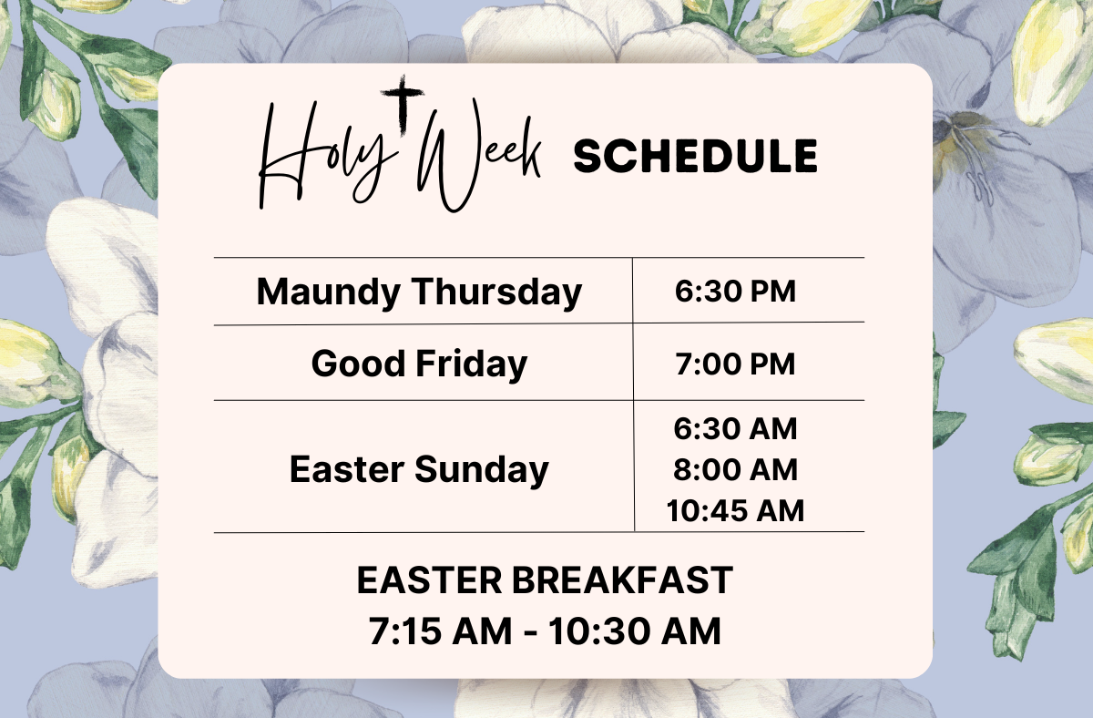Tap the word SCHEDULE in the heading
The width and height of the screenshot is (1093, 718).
[695, 156]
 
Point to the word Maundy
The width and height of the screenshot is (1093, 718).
[329, 292]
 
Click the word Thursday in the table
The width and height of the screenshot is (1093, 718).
[497, 292]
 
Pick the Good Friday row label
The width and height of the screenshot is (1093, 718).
[419, 364]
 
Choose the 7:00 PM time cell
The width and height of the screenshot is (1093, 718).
[735, 364]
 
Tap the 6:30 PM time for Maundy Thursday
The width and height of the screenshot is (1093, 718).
[735, 292]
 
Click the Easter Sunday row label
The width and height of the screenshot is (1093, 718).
[419, 470]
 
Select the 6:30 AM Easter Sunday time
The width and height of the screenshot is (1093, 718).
[735, 429]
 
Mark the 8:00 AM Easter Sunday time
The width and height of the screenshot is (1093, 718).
[735, 470]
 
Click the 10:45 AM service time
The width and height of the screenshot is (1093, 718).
[735, 511]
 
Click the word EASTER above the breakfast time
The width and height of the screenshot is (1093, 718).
[429, 580]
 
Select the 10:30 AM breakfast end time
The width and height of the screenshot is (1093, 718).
[635, 631]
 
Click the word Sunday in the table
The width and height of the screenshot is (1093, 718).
[482, 470]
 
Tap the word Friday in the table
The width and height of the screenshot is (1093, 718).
[472, 364]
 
